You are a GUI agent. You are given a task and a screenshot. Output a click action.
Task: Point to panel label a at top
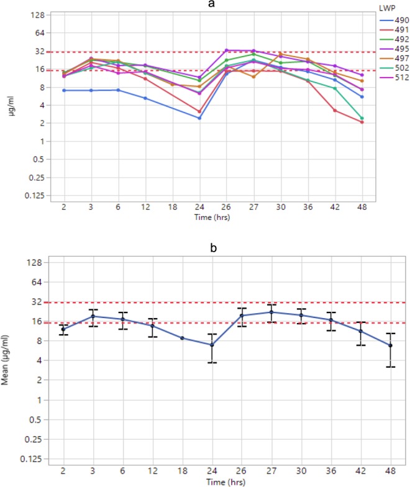tap(214, 4)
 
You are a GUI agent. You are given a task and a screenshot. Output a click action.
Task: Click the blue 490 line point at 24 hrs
tap(199, 118)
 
